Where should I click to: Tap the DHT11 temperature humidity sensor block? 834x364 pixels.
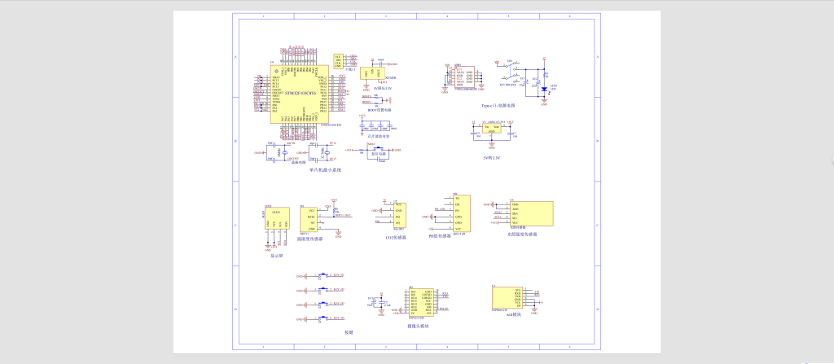point(311,217)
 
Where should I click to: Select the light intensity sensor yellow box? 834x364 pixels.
point(531,214)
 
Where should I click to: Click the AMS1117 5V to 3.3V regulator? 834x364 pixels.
point(491,129)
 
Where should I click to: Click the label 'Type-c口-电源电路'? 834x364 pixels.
point(498,105)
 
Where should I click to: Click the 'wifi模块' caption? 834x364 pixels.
point(513,325)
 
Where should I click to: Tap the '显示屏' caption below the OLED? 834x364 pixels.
point(276,256)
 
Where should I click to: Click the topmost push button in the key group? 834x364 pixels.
point(323,276)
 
